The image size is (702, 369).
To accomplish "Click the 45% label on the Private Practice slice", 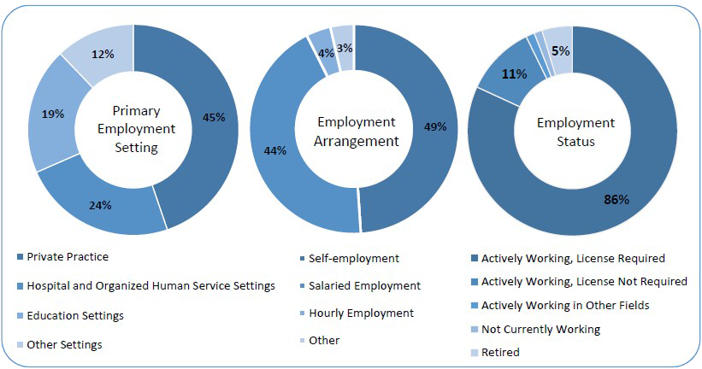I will click(213, 117).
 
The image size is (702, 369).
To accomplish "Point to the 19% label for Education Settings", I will click(53, 114).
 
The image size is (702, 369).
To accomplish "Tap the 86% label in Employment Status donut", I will click(616, 199).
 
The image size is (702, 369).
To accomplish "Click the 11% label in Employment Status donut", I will click(513, 74).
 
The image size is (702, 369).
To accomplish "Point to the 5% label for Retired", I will click(560, 50).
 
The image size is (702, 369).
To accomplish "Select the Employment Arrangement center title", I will click(357, 132).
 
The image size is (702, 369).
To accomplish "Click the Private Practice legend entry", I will click(68, 256).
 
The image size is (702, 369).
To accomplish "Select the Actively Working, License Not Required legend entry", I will click(584, 281).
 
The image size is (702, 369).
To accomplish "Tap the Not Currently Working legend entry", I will click(540, 329).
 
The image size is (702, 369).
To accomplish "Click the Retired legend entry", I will click(500, 352).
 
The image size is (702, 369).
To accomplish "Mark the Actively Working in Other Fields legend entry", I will click(565, 305).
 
